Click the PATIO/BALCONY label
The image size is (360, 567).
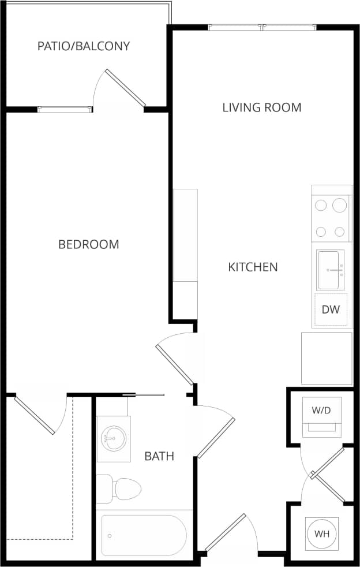84,46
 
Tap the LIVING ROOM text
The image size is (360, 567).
262,107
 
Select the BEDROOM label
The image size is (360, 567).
89,244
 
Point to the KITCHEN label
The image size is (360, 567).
253,267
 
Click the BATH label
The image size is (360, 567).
159,457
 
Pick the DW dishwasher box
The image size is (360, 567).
331,309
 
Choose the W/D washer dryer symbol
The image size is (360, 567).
321,411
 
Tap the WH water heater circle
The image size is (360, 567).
321,534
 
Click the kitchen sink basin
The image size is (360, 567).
331,269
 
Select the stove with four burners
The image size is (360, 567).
331,218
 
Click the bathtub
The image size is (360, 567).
144,535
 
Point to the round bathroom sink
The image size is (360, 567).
113,438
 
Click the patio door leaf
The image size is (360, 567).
125,88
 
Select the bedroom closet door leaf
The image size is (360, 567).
34,415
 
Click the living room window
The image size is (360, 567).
262,27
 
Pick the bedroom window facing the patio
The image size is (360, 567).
65,109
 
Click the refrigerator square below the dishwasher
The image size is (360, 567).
327,358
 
